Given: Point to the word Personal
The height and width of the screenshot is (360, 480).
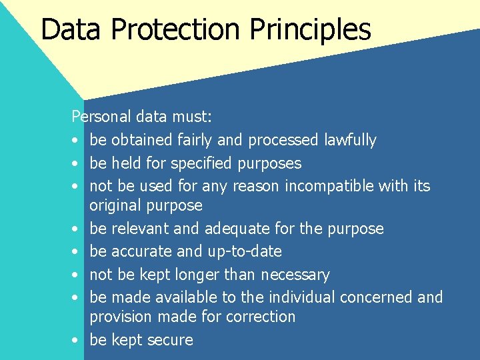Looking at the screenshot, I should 101,117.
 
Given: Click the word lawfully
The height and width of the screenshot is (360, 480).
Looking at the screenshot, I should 350,140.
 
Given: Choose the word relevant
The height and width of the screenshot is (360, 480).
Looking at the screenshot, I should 139,229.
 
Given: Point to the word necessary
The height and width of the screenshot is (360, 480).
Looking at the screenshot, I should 295,275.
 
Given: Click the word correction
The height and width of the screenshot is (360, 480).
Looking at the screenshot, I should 257,317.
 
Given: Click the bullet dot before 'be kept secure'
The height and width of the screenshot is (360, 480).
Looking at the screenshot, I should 76,340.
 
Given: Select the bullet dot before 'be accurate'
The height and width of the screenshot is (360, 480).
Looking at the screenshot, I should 76,252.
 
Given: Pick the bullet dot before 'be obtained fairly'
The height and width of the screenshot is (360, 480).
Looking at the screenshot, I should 76,141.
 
